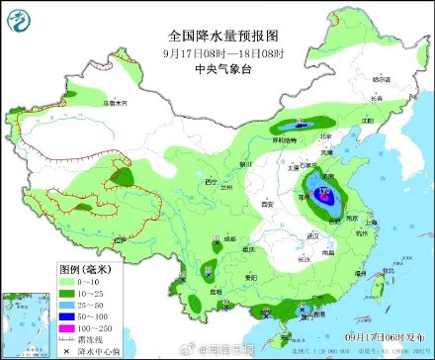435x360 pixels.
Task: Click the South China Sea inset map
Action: tap(26, 322)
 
